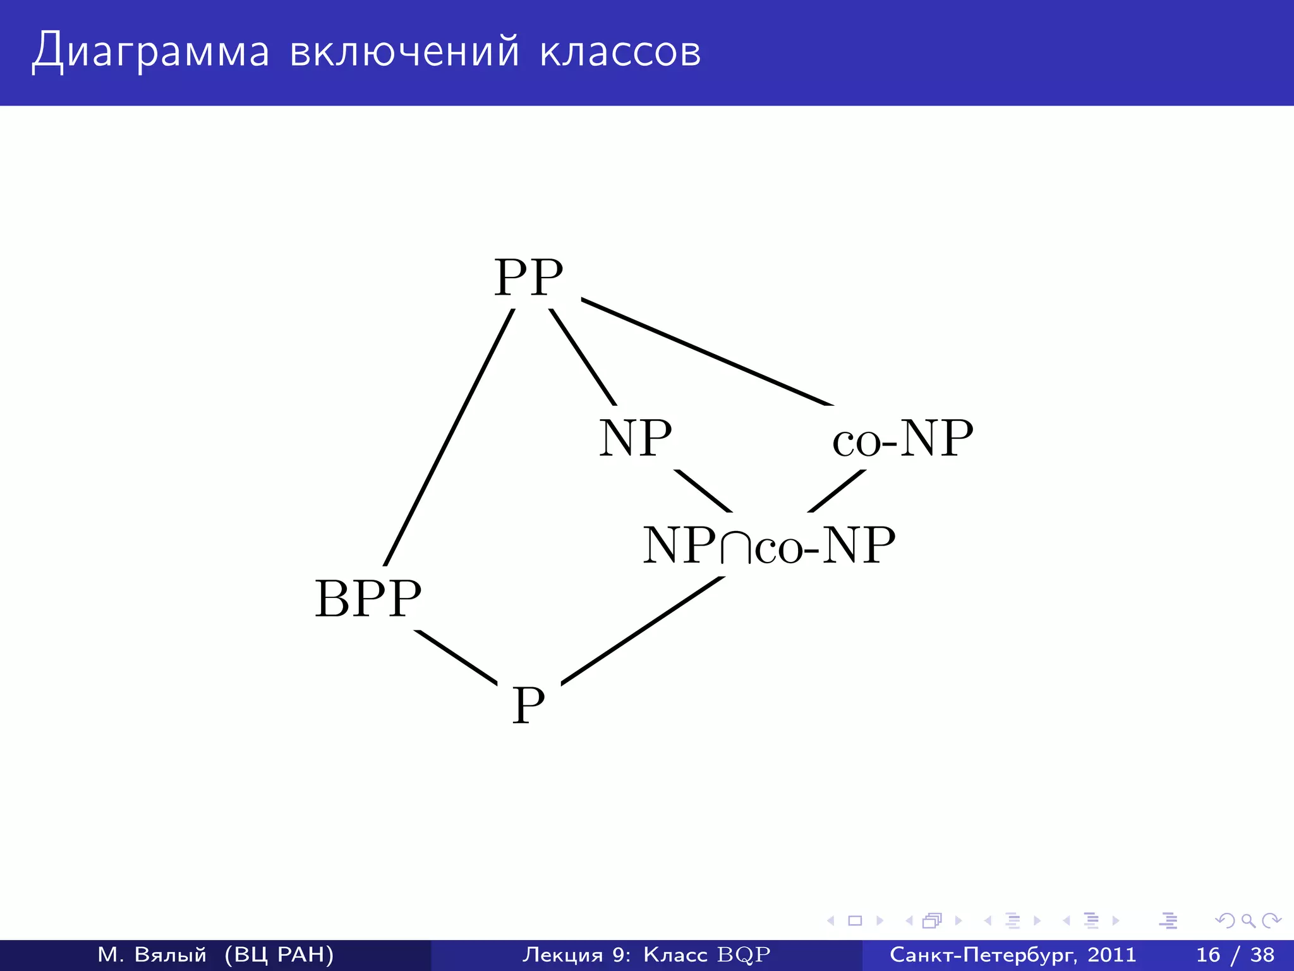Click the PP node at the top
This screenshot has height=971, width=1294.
coord(528,278)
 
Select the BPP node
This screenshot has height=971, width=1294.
coord(368,599)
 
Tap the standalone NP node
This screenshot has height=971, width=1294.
coord(635,438)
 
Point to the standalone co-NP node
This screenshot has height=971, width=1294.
coord(902,438)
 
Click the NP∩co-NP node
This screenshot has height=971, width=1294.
coord(769,545)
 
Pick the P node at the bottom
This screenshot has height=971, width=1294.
coord(528,705)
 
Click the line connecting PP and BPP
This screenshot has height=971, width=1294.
coord(449,437)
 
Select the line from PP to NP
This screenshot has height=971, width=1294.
coord(583,357)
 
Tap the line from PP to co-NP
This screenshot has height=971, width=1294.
coord(707,352)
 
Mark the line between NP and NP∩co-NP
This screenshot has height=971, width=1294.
coord(703,491)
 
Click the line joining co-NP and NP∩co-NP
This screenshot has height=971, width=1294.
coord(837,491)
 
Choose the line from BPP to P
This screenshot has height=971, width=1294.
coord(456,657)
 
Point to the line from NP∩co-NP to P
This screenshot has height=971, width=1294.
coord(643,630)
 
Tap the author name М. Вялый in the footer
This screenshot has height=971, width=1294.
coord(152,955)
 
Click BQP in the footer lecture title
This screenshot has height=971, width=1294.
coord(744,955)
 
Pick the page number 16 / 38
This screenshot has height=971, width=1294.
coord(1235,955)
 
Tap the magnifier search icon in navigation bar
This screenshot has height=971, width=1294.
coord(1248,920)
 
